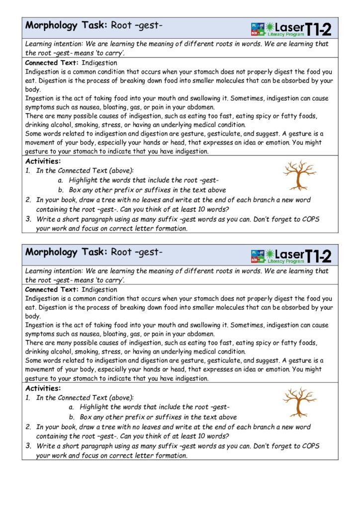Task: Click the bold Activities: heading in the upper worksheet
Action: [43, 162]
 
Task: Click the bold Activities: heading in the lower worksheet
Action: [43, 388]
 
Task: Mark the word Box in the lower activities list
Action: [86, 418]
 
